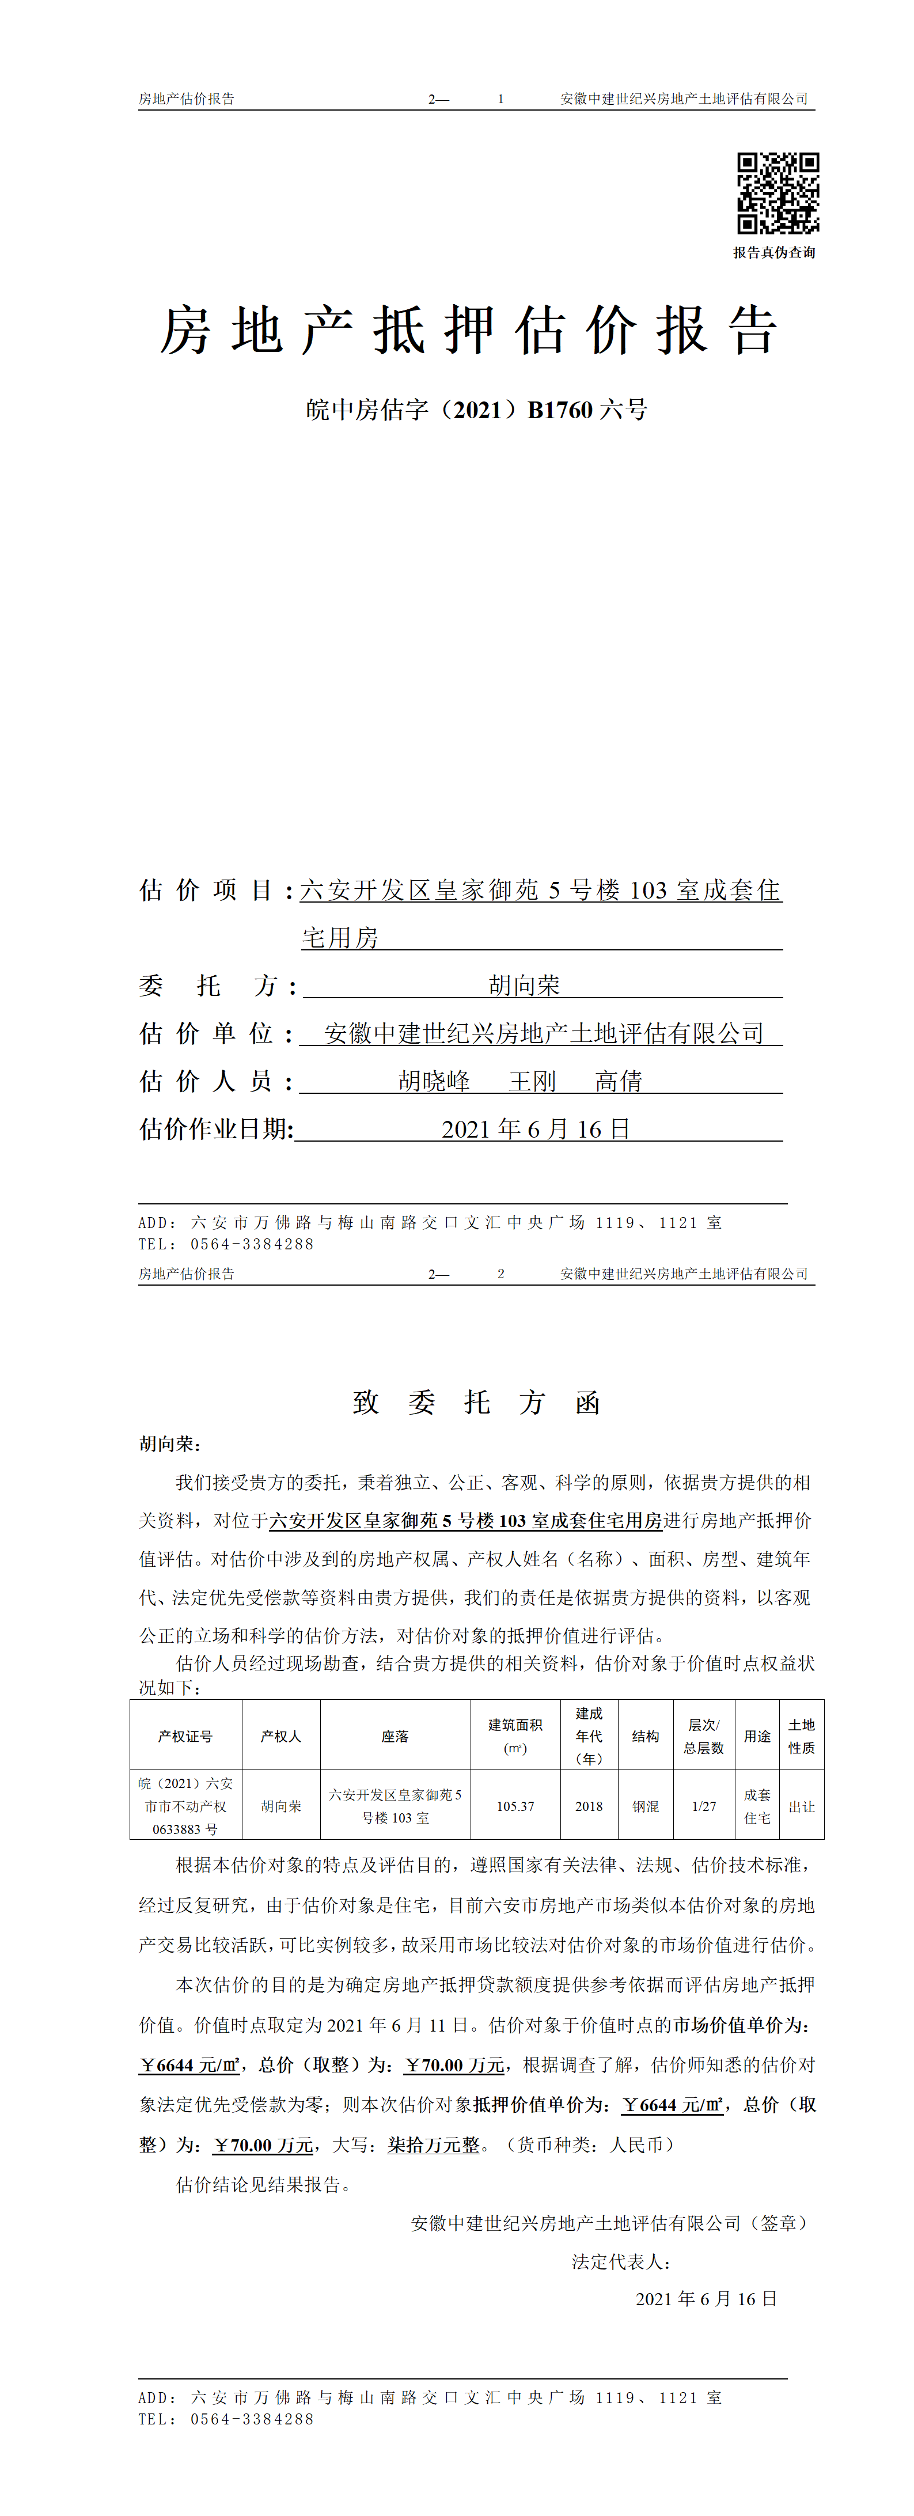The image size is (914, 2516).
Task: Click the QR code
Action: click(778, 194)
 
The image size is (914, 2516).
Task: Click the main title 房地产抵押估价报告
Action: click(469, 330)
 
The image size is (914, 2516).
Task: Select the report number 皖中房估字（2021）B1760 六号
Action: click(476, 410)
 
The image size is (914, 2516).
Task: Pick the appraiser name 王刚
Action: click(532, 1081)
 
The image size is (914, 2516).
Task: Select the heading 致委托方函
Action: click(476, 1403)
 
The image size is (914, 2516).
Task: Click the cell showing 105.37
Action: click(515, 1806)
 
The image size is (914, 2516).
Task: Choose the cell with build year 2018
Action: click(589, 1806)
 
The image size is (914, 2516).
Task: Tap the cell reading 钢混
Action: click(646, 1806)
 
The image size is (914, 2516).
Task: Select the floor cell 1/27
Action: click(704, 1806)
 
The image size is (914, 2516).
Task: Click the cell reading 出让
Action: click(802, 1806)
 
